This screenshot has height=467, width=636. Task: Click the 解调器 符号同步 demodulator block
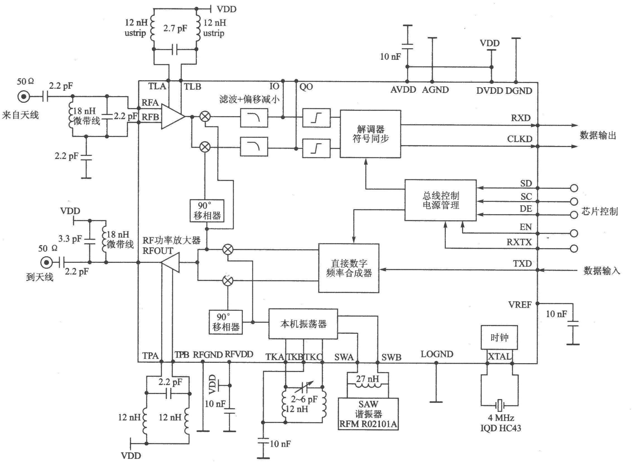pos(370,134)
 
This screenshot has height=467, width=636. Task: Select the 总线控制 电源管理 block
pos(440,200)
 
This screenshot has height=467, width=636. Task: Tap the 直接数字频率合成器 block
pos(349,268)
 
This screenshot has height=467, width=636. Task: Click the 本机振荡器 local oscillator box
pos(303,324)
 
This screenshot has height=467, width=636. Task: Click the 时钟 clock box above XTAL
pos(499,337)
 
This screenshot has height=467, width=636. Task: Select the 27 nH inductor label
pos(367,378)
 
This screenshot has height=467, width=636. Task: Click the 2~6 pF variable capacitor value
pos(304,399)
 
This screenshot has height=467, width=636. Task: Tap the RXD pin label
pos(521,118)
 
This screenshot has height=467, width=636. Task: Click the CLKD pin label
pos(519,139)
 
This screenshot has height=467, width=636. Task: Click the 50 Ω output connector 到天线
pos(45,263)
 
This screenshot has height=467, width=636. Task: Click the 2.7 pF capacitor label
pos(175,28)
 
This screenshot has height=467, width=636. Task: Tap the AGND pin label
pos(435,90)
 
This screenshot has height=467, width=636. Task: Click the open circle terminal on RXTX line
pos(574,248)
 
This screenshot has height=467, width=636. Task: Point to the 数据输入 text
pos(601,271)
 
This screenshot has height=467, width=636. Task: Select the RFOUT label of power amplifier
pos(158,251)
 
